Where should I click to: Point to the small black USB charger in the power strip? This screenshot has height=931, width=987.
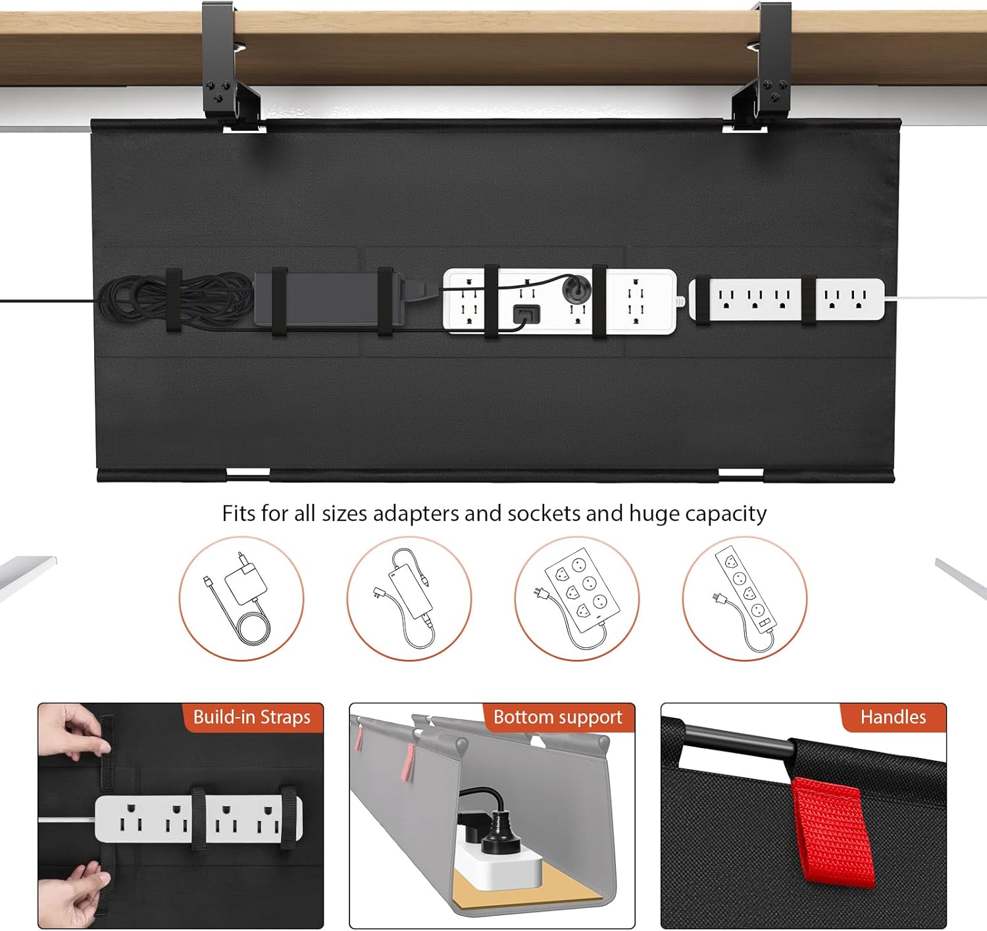(526, 314)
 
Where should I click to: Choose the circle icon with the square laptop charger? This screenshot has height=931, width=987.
(241, 598)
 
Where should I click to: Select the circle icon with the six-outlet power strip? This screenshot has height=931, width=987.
(577, 598)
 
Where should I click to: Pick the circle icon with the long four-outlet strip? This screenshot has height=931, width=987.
(745, 598)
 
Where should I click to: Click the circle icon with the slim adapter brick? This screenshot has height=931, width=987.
(409, 598)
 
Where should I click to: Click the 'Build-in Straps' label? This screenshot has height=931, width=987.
(252, 717)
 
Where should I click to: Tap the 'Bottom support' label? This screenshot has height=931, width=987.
(558, 717)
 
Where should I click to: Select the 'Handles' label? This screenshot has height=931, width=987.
(893, 717)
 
